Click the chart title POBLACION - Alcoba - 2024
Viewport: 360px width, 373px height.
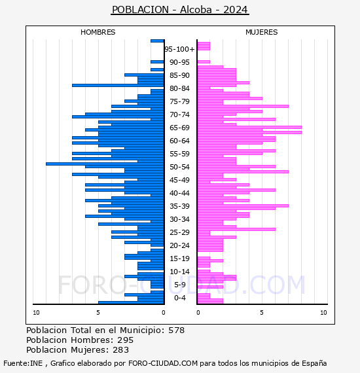click(180, 10)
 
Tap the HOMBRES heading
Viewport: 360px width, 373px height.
click(98, 32)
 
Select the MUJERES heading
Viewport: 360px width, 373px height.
click(262, 32)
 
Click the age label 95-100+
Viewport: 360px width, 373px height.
click(179, 49)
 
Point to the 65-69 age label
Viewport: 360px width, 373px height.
click(179, 128)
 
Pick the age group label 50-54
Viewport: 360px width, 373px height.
click(179, 167)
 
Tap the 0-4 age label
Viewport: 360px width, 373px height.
click(179, 298)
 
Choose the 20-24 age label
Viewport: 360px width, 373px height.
click(179, 245)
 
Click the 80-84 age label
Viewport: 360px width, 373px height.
click(179, 88)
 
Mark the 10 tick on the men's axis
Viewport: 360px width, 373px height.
click(36, 313)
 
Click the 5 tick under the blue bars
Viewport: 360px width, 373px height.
click(98, 313)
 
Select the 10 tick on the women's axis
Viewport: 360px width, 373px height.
click(323, 313)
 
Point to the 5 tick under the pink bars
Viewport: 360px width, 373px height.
click(262, 313)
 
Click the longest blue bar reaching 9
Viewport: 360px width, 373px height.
click(105, 164)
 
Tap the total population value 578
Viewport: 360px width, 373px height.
click(176, 330)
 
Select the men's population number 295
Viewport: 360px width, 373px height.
click(126, 340)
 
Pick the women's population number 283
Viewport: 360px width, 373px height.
click(120, 350)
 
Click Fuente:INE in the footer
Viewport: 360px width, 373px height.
click(23, 363)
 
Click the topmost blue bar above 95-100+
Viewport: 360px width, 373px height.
click(157, 41)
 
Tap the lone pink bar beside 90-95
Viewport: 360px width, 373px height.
click(204, 62)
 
